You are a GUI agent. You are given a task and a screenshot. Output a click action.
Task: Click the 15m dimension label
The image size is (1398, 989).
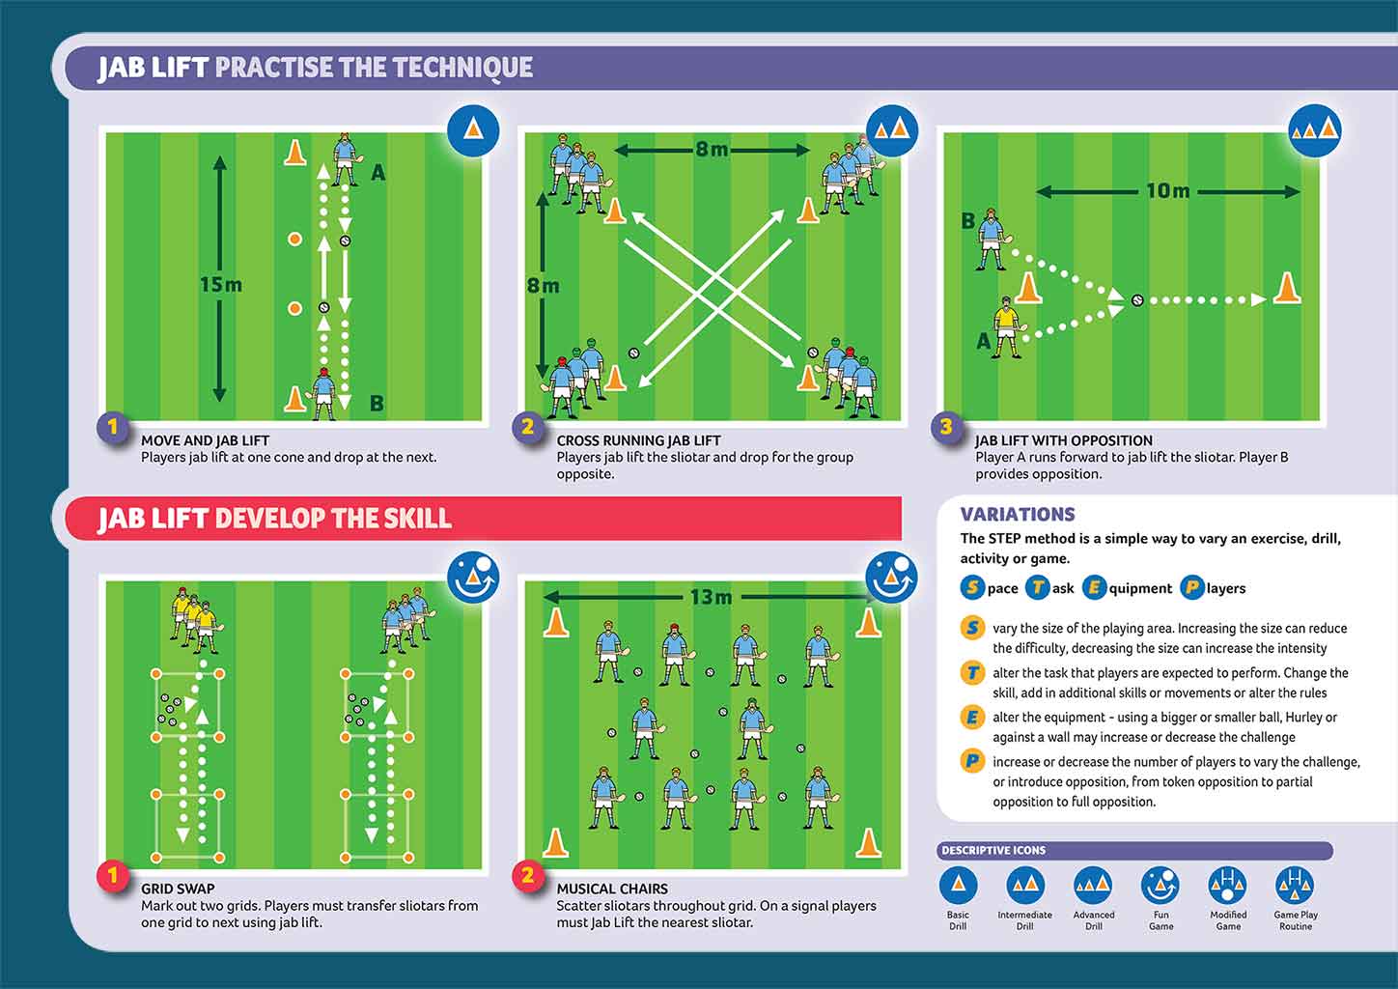221,285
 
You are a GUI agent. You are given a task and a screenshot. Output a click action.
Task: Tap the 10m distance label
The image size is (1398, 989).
1167,191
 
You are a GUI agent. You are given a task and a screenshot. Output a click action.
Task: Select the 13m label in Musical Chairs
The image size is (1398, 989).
711,598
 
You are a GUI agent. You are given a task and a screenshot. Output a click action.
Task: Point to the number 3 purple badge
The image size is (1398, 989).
946,427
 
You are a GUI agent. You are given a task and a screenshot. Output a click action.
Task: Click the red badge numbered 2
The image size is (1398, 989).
527,876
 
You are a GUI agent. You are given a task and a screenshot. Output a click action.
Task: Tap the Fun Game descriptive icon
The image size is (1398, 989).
1160,886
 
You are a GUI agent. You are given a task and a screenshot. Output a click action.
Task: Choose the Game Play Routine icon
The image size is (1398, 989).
1295,886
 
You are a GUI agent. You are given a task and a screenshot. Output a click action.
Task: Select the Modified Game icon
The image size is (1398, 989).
1227,886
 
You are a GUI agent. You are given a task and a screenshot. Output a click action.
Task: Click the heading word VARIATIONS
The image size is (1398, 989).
1017,515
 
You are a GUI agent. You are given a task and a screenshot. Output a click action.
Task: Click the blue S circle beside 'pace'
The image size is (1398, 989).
972,587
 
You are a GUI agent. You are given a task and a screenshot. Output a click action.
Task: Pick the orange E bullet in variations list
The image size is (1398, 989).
972,718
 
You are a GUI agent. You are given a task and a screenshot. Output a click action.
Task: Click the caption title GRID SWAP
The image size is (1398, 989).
178,889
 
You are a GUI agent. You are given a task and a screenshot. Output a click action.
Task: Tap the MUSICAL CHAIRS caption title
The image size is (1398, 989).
612,889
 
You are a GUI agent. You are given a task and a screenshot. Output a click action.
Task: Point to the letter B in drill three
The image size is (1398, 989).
967,221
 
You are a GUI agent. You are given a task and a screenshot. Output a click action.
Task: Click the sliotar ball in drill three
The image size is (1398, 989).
1137,300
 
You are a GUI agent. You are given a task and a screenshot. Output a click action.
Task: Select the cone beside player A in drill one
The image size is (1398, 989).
295,153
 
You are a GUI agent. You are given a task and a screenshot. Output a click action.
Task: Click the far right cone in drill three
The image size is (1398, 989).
1285,288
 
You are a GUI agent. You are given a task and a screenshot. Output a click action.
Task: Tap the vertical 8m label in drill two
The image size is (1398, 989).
543,286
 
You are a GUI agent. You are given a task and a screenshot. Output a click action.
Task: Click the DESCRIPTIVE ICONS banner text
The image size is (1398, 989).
993,851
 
